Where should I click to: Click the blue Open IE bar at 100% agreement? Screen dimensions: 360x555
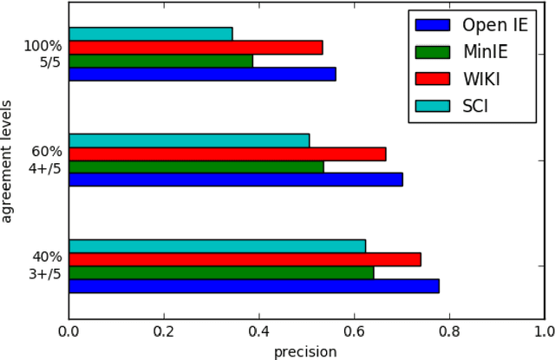(x=202, y=74)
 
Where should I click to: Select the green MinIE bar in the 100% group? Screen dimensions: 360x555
(x=160, y=61)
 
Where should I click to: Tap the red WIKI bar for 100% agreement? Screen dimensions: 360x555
(x=195, y=47)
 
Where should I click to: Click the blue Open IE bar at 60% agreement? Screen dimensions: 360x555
(x=235, y=180)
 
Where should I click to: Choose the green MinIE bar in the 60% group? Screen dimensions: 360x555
(x=196, y=167)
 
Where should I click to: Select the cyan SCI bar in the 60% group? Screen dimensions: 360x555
(x=188, y=141)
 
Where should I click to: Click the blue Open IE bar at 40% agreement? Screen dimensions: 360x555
(x=253, y=285)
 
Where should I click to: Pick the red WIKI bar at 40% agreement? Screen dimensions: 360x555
(x=245, y=259)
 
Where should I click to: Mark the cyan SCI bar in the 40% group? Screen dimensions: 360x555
(x=217, y=245)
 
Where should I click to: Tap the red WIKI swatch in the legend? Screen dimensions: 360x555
(x=434, y=79)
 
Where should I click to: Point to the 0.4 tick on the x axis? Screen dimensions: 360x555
(x=258, y=331)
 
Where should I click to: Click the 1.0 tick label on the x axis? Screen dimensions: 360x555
(x=543, y=331)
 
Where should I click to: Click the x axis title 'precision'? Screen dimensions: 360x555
(x=305, y=350)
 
